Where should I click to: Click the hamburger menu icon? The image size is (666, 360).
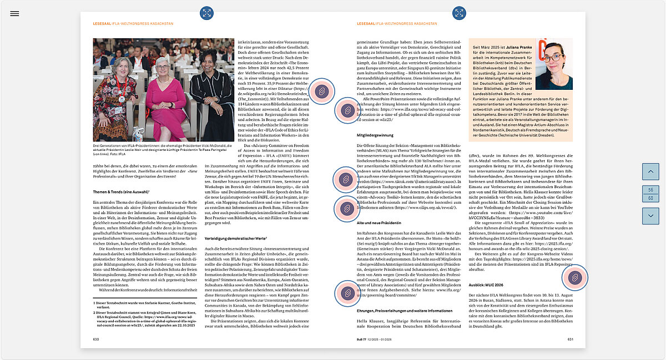pos(14,13)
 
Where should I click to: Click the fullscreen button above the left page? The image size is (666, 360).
pos(206,13)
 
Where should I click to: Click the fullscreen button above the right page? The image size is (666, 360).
pos(460,13)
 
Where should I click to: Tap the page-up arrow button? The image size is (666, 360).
pos(650,172)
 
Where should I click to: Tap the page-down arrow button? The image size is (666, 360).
pos(650,216)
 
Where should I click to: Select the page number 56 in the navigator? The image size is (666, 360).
pos(650,190)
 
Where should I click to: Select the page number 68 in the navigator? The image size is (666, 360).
pos(650,198)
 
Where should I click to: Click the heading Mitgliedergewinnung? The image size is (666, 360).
pos(376,135)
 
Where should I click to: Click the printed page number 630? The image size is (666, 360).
pos(96,338)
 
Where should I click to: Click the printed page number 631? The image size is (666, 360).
pos(570,338)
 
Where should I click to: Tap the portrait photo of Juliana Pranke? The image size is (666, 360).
pos(554,64)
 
